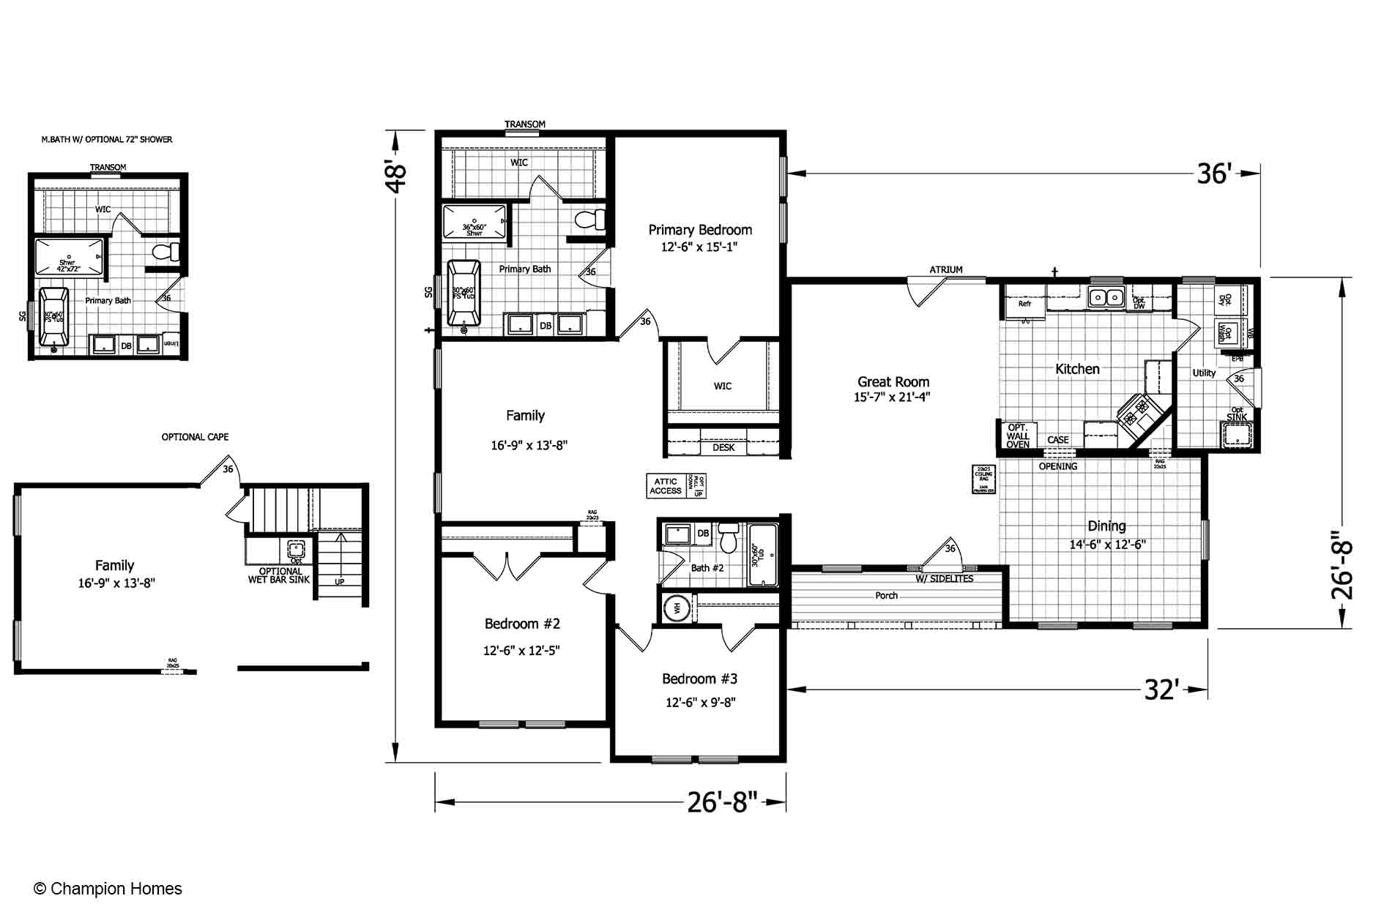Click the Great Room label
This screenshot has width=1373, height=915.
893,382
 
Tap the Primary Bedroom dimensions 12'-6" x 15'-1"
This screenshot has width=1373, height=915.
699,247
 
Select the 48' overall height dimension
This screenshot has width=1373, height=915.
395,177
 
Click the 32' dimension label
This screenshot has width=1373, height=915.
1161,690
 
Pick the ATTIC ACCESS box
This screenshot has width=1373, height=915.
666,486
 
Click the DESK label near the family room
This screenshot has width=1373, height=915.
723,447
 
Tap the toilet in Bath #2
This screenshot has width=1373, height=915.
728,540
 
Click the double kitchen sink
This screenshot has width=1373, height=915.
1106,297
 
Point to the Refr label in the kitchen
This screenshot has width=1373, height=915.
1024,304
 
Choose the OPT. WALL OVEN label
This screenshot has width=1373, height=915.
1018,436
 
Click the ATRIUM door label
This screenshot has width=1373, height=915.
946,270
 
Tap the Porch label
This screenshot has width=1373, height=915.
886,596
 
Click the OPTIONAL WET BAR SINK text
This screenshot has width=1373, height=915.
280,576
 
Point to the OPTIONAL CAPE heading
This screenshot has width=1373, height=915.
195,437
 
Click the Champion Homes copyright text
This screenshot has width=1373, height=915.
108,889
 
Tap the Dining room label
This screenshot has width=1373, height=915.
1106,526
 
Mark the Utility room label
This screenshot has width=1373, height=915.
1204,373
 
